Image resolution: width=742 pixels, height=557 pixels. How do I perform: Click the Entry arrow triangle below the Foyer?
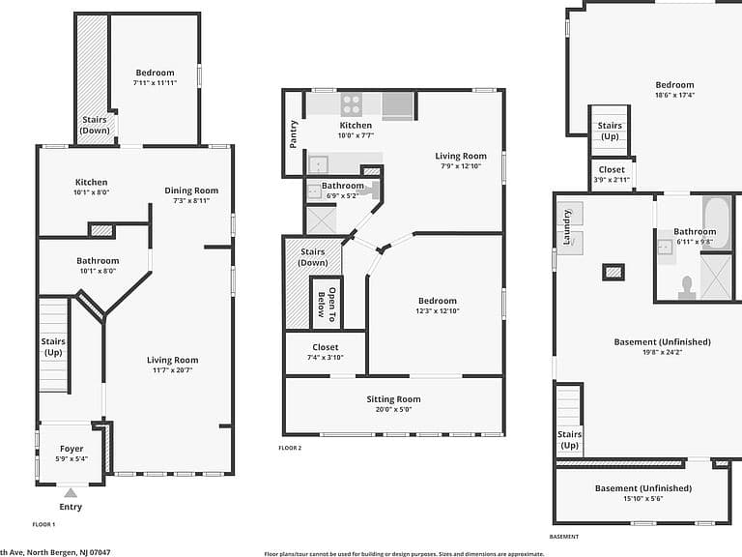[71, 493]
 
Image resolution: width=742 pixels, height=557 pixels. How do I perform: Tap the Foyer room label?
[71, 449]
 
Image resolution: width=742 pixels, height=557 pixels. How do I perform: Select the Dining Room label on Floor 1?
[191, 191]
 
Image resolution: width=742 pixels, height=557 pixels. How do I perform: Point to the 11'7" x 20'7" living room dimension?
[172, 370]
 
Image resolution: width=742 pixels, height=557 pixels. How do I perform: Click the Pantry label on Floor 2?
[294, 134]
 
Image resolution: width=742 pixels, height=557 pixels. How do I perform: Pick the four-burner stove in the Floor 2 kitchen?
[352, 104]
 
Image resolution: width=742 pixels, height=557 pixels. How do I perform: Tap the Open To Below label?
[327, 302]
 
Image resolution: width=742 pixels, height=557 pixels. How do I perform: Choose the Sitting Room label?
[394, 399]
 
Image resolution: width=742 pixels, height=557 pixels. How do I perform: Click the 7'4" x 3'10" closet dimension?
[326, 358]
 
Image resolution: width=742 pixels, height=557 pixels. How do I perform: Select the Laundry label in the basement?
[567, 227]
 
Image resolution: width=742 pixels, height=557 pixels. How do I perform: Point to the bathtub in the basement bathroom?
[718, 221]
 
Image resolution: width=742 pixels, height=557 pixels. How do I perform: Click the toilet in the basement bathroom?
[687, 287]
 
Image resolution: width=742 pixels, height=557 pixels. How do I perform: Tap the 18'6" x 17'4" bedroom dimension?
[674, 95]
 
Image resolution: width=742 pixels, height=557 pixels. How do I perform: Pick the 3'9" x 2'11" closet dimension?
[612, 180]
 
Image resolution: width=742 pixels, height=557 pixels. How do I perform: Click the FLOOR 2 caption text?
[290, 448]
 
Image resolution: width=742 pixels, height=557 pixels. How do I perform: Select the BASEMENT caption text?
[564, 537]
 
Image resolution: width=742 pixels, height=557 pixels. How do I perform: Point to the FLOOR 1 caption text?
[44, 524]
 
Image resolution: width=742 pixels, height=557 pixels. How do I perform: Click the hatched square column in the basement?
[614, 273]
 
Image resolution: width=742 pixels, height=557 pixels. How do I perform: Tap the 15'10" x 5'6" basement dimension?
[643, 498]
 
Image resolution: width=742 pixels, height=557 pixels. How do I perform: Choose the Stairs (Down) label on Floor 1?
[95, 125]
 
